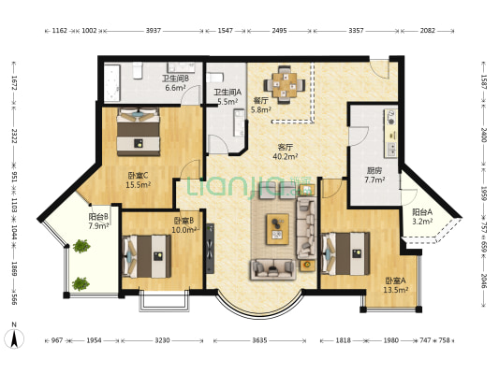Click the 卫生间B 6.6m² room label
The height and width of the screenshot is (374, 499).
[177, 83]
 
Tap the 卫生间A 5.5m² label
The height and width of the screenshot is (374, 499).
[227, 96]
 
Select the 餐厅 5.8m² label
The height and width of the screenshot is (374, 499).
[260, 106]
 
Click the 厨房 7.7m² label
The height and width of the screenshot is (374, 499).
[374, 175]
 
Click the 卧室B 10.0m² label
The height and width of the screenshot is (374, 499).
[183, 225]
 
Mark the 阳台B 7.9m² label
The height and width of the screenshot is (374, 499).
[98, 221]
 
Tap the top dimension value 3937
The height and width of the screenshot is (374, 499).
[154, 32]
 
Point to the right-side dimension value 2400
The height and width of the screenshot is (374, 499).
[483, 134]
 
